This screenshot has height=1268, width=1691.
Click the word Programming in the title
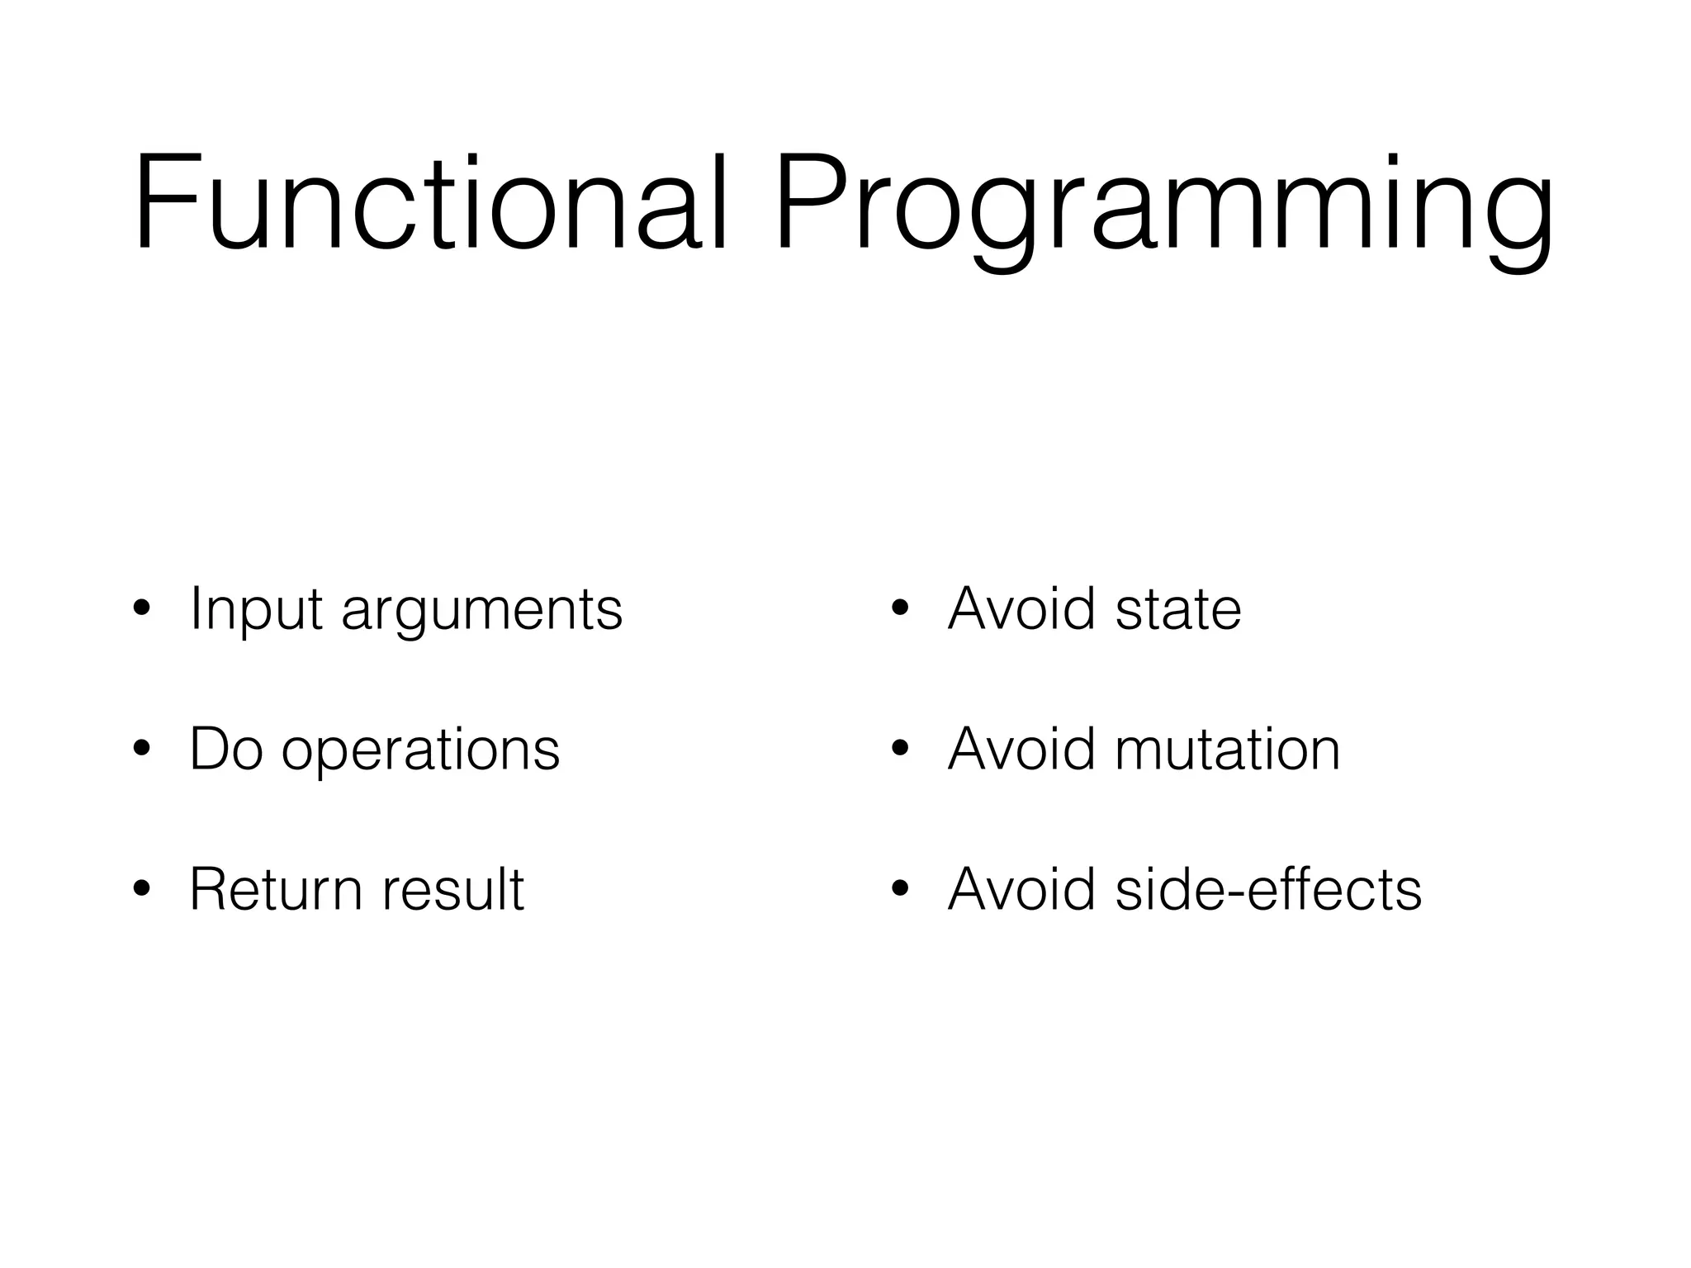[1164, 206]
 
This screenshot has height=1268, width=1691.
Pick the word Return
[276, 890]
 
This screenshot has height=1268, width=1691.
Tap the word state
[1178, 610]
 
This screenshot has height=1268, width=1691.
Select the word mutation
[1228, 750]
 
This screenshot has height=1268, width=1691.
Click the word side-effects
[1268, 890]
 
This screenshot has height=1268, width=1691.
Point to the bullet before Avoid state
[900, 612]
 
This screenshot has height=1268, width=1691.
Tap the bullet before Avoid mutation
[900, 751]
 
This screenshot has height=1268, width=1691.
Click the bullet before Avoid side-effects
[900, 892]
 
